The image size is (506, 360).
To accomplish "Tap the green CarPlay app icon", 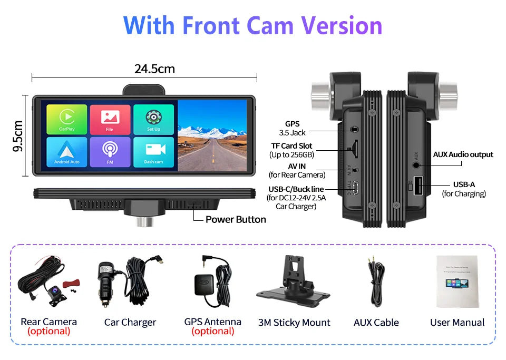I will (67, 119).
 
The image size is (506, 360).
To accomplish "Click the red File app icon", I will (110, 119).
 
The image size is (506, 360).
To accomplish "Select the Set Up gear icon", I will (153, 119).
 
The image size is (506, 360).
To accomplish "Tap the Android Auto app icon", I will (67, 152).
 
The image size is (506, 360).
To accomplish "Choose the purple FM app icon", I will (110, 152).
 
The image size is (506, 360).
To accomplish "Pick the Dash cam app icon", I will (153, 152).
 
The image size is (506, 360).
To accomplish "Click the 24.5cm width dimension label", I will (154, 69).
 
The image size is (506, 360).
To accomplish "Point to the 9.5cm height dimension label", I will (18, 135).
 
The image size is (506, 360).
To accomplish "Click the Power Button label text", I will (236, 219).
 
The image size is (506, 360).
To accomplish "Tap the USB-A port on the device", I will (417, 186).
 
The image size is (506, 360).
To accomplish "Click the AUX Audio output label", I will (463, 154).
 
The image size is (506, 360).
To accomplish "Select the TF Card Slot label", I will (291, 145).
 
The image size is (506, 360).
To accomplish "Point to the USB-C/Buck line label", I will (296, 189).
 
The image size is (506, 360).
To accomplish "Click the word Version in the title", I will (342, 25).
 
